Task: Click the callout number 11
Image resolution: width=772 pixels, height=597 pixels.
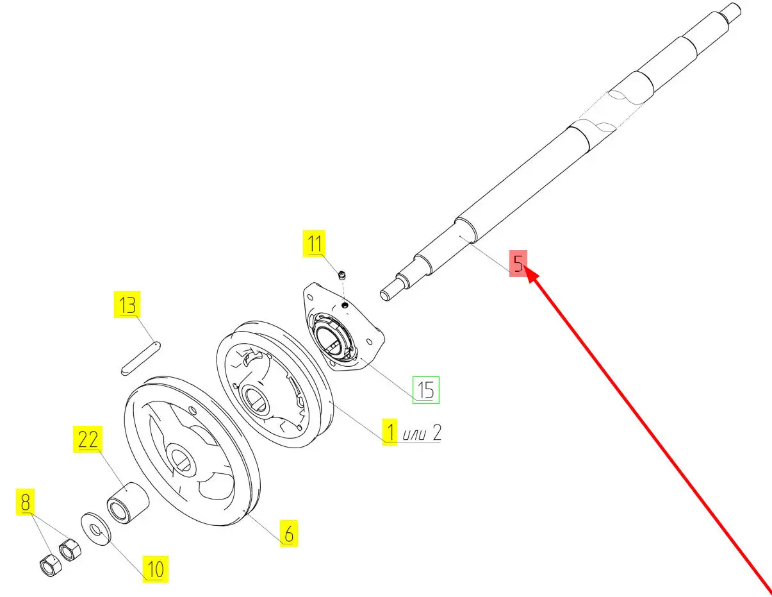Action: pyautogui.click(x=314, y=243)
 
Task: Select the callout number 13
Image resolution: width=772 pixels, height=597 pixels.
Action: pyautogui.click(x=127, y=305)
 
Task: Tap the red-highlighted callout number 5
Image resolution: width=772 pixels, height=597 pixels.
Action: pyautogui.click(x=518, y=264)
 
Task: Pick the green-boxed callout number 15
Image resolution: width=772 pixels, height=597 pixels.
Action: pyautogui.click(x=425, y=390)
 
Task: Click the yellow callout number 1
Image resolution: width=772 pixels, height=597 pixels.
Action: pyautogui.click(x=390, y=432)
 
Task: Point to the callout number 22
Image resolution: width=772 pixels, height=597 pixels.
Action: pyautogui.click(x=88, y=439)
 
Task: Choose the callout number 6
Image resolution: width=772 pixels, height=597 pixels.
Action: pyautogui.click(x=289, y=534)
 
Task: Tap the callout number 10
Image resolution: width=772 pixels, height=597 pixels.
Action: pyautogui.click(x=156, y=569)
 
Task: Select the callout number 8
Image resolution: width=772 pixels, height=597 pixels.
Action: pyautogui.click(x=25, y=502)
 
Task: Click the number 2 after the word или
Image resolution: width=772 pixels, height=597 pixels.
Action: pyautogui.click(x=437, y=433)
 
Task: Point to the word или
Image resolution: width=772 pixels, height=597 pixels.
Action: pyautogui.click(x=414, y=435)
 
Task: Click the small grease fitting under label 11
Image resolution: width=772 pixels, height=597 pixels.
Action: pyautogui.click(x=342, y=275)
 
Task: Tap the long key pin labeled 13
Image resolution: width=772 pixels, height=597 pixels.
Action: pyautogui.click(x=141, y=358)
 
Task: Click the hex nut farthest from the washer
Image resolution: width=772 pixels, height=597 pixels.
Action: pyautogui.click(x=51, y=565)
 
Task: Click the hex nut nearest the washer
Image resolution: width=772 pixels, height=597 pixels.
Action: pyautogui.click(x=70, y=550)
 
